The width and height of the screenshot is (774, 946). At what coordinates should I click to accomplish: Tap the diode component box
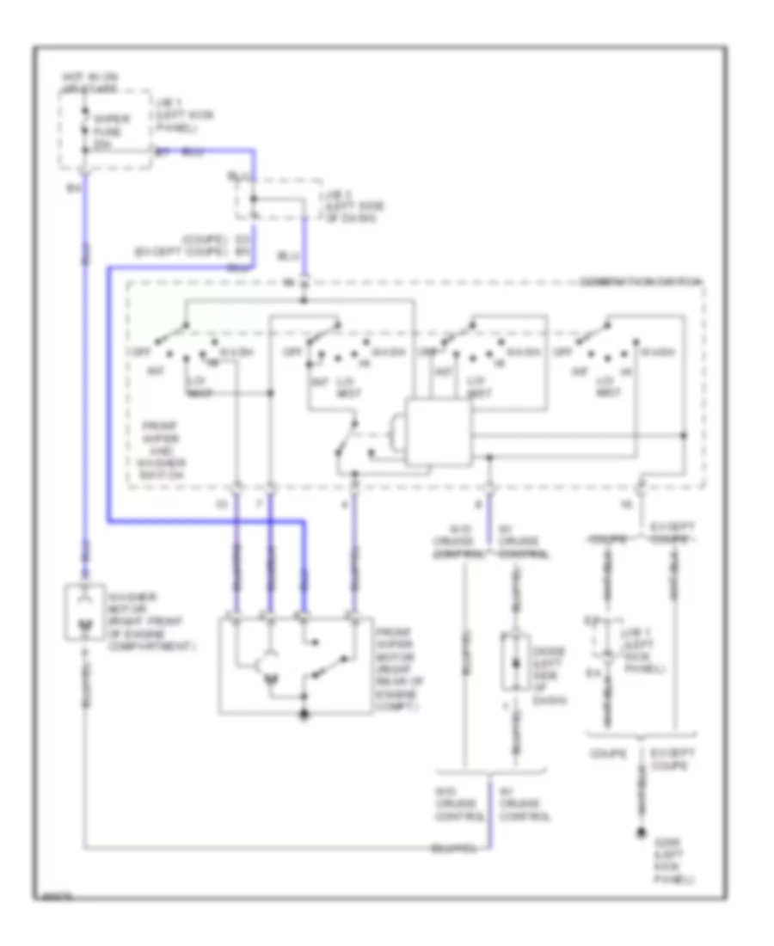pos(514,662)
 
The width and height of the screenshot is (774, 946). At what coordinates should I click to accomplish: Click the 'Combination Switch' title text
pos(642,281)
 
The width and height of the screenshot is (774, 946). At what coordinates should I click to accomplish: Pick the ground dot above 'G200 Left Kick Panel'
pos(641,833)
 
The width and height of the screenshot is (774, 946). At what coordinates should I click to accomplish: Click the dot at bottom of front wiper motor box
pos(304,715)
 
